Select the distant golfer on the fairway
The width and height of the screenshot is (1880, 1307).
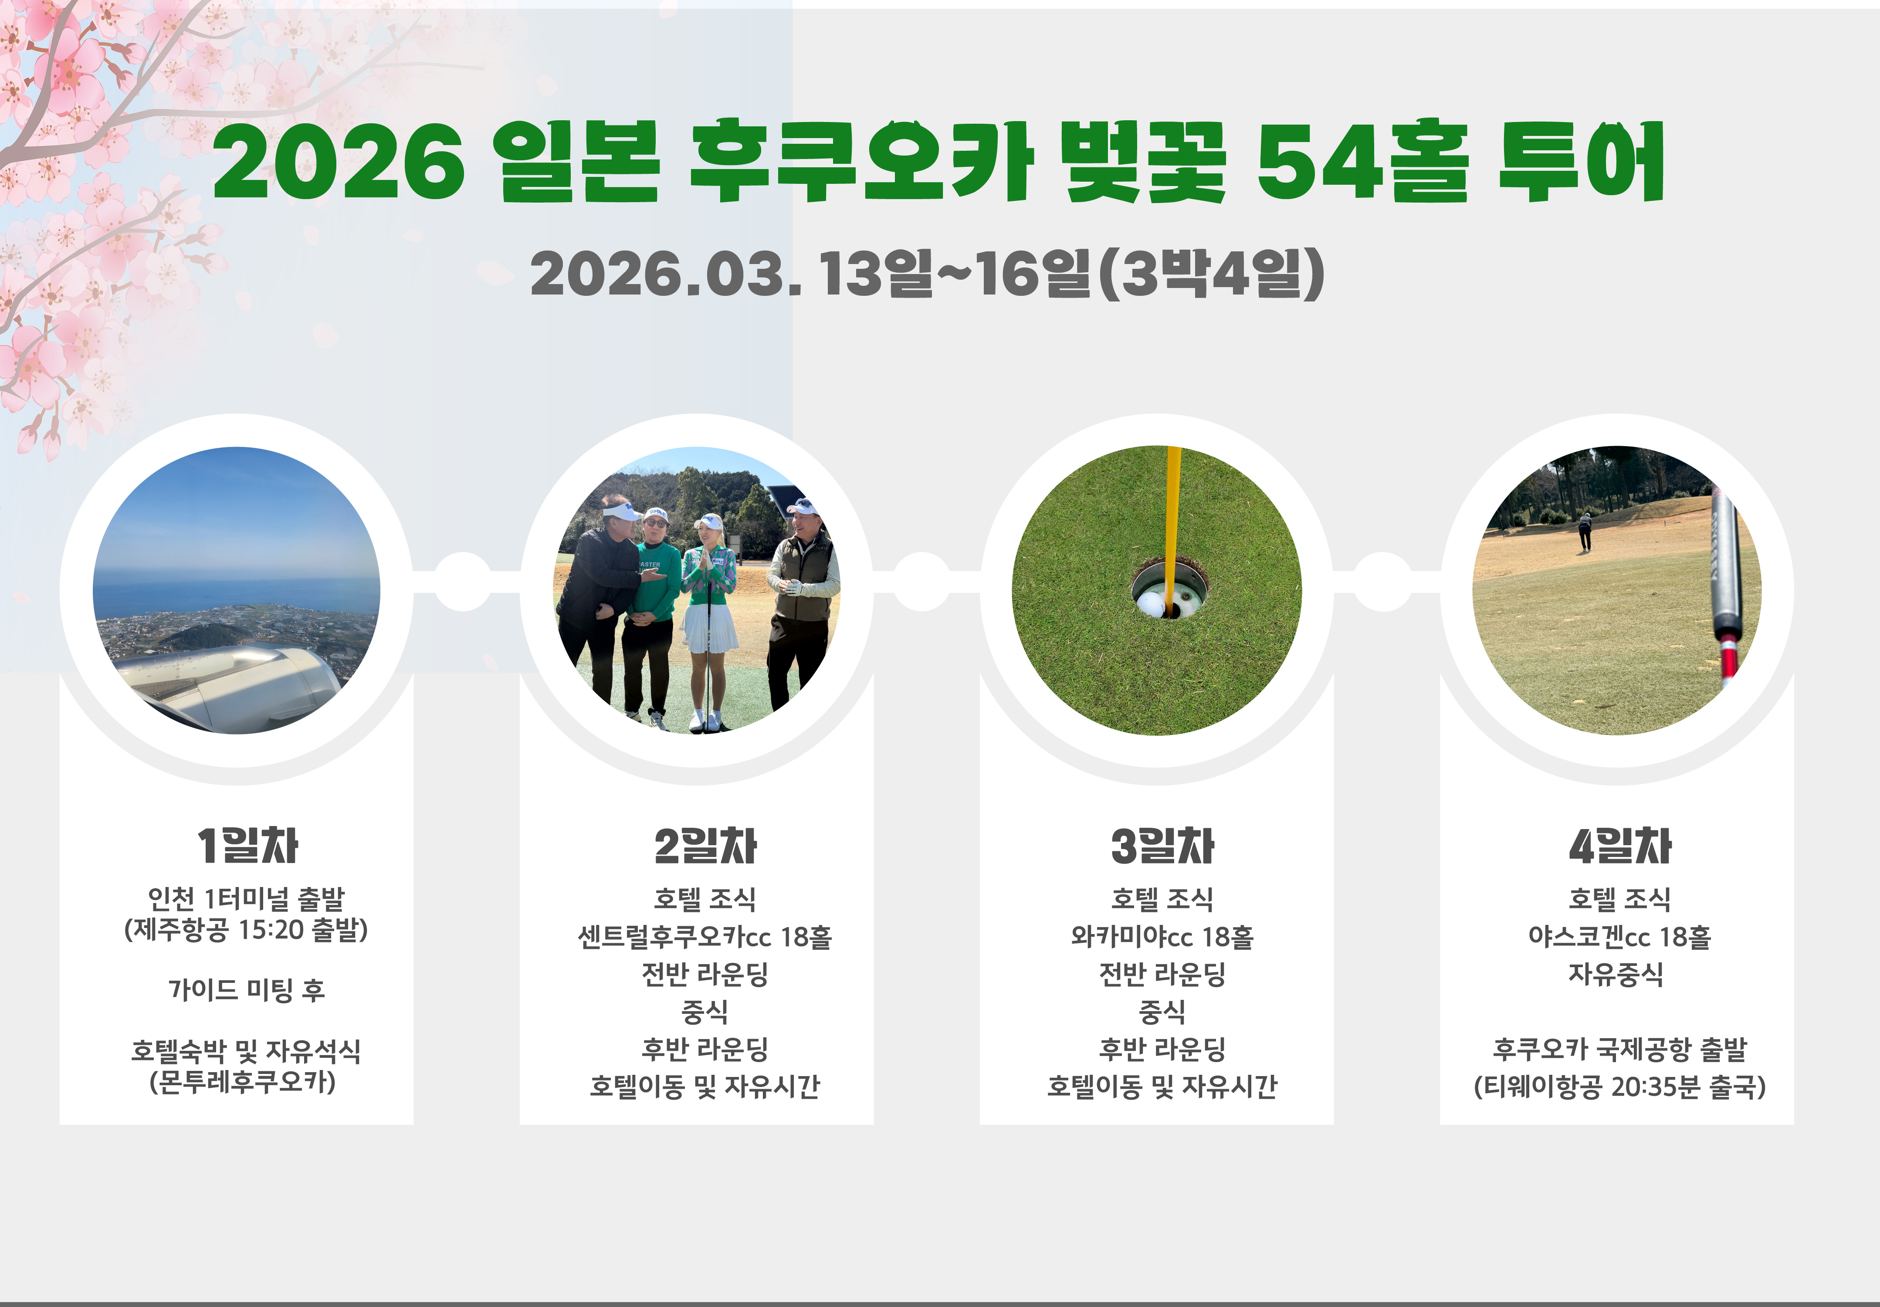point(1585,531)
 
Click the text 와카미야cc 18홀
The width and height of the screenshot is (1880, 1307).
point(1162,936)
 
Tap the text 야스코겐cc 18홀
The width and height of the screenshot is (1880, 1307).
point(1619,936)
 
